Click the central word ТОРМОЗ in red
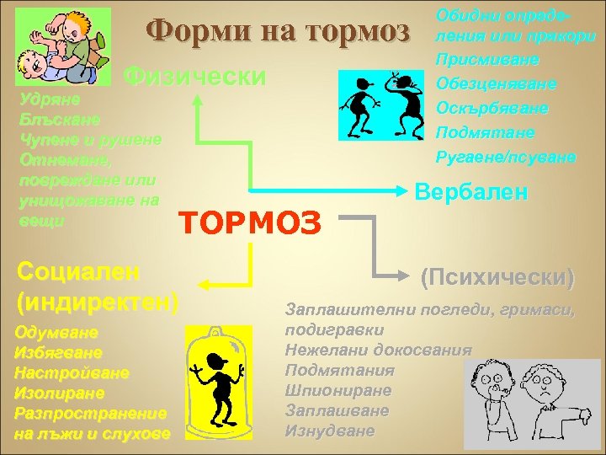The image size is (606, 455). (x=249, y=222)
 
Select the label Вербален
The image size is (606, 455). (x=472, y=192)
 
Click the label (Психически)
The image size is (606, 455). (x=498, y=277)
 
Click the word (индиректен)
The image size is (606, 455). (x=97, y=299)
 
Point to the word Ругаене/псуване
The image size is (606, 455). (x=505, y=156)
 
